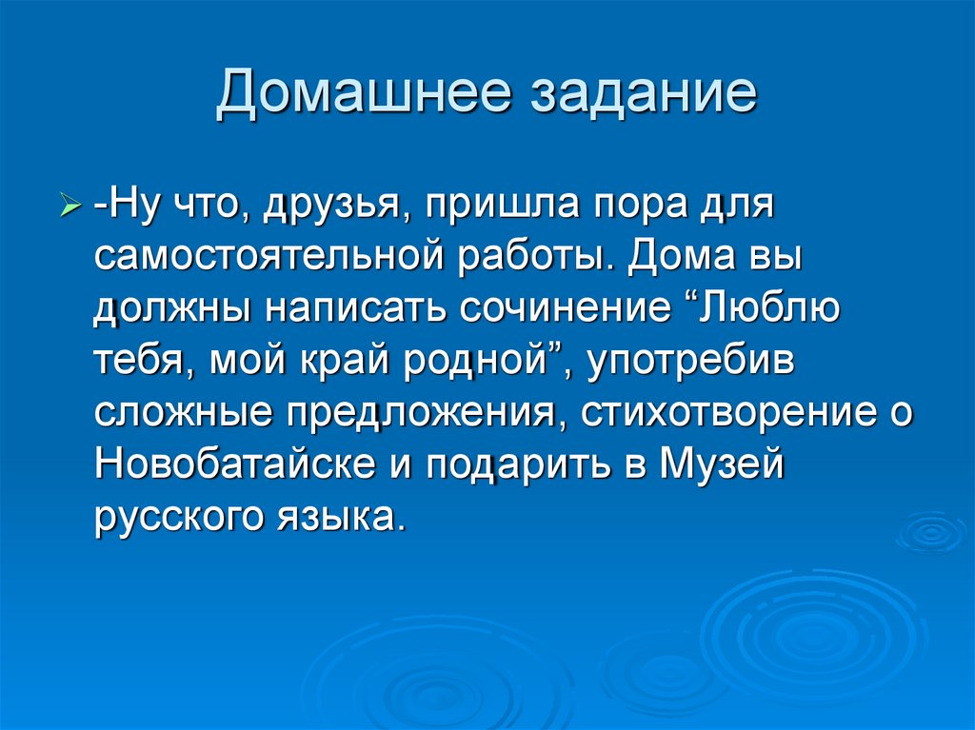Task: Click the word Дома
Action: point(674,258)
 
